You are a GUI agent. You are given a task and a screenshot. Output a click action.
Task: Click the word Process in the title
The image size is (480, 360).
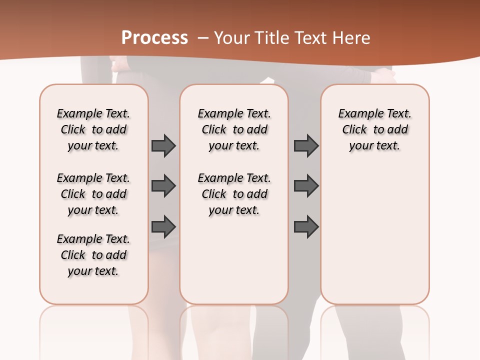coord(154,38)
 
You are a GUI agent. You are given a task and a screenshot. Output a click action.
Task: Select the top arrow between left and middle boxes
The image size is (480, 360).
coord(163,146)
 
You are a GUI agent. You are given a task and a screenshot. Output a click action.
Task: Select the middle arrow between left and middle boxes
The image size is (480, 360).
coord(163,186)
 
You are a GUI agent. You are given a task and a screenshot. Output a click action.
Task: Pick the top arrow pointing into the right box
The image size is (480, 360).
coord(306,146)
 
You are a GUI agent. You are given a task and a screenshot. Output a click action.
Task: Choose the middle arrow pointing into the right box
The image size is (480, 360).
coord(306,186)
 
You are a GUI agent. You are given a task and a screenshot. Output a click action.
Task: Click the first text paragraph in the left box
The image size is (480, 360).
coord(93,129)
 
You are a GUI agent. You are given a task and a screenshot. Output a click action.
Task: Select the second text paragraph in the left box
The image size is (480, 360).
coord(93,194)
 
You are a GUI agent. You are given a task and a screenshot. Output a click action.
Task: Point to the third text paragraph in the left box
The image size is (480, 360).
coord(93,255)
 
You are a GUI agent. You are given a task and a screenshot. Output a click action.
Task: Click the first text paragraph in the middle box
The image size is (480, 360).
coord(234,129)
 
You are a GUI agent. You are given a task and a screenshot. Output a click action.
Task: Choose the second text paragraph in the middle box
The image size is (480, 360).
coord(234,194)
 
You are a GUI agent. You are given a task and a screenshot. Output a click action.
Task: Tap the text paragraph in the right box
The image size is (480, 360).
coord(374,129)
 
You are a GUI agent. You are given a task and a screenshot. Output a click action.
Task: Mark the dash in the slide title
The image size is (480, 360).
coord(203,38)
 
